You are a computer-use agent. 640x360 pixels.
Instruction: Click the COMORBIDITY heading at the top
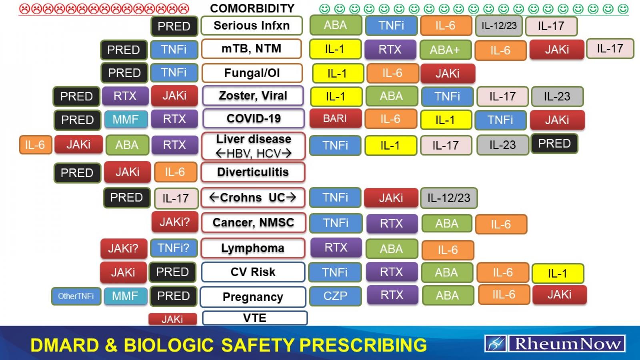[x=252, y=8]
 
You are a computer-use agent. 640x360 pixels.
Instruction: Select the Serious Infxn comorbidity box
[x=252, y=26]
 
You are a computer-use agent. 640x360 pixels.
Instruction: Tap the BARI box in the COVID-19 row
[x=335, y=119]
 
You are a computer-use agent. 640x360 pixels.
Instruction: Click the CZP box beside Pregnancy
[x=335, y=296]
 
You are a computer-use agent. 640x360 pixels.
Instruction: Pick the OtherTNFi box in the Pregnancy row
[x=76, y=296]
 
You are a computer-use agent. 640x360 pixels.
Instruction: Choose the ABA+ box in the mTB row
[x=445, y=50]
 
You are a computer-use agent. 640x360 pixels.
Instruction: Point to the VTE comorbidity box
[x=255, y=318]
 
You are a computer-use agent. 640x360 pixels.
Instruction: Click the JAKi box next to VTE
[x=172, y=319]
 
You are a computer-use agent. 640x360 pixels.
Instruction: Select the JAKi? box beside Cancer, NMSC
[x=175, y=222]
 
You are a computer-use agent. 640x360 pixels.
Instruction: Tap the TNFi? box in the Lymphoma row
[x=174, y=248]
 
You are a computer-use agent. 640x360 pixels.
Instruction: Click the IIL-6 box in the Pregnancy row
[x=504, y=295]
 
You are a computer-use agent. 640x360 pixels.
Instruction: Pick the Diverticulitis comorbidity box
[x=253, y=172]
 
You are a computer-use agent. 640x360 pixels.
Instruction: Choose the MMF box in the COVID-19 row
[x=126, y=119]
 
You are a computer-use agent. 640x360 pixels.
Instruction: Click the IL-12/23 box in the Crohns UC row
[x=449, y=198]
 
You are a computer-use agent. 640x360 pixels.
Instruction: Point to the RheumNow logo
[x=555, y=344]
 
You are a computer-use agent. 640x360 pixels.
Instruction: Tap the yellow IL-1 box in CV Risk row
[x=558, y=274]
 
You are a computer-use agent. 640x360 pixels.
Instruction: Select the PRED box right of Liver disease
[x=554, y=144]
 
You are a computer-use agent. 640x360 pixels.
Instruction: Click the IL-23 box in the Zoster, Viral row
[x=557, y=96]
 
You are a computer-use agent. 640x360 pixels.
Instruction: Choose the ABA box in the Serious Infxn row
[x=335, y=25]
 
